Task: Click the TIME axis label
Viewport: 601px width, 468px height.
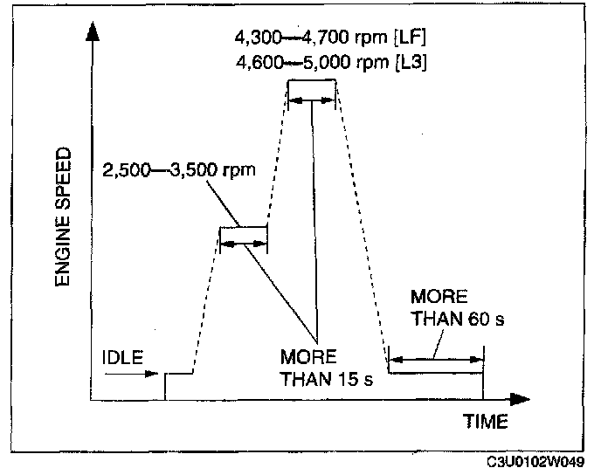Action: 485,423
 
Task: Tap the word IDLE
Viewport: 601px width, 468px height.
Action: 121,357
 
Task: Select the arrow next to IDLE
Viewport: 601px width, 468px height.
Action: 132,375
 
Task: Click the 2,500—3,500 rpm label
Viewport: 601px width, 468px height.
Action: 178,169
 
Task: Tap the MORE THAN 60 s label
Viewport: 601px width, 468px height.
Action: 456,307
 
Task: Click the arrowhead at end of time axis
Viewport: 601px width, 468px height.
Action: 521,400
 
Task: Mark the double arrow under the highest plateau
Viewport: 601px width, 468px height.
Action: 312,100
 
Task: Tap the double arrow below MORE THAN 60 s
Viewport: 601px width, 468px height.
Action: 435,359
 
